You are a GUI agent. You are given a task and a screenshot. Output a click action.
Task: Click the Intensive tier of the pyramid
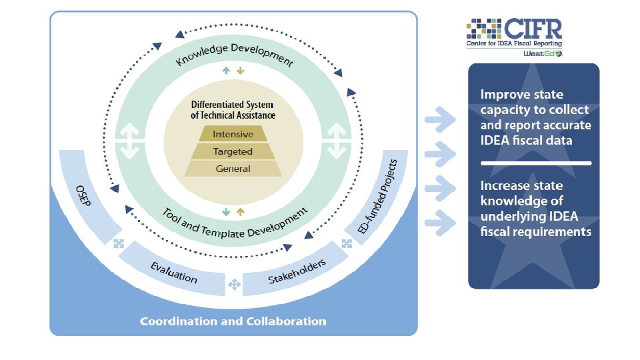[x=233, y=135]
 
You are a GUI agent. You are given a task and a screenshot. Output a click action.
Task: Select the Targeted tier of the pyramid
[x=233, y=152]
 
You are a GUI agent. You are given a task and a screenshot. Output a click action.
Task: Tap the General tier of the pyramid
[x=233, y=169]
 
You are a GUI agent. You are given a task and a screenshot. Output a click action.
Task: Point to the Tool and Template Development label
[x=235, y=223]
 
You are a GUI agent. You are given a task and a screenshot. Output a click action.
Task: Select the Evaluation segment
[x=173, y=273]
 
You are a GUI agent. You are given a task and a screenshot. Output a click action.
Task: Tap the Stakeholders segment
[x=296, y=271]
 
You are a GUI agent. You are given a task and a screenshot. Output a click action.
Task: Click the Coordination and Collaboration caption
[x=233, y=321]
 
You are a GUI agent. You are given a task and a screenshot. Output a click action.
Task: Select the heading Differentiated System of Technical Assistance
[x=233, y=110]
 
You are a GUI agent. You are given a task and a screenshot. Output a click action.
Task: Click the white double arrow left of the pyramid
[x=131, y=141]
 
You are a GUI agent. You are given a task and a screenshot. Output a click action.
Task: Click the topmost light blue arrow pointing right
[x=440, y=120]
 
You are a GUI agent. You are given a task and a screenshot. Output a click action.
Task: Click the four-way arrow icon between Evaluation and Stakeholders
[x=234, y=285]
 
